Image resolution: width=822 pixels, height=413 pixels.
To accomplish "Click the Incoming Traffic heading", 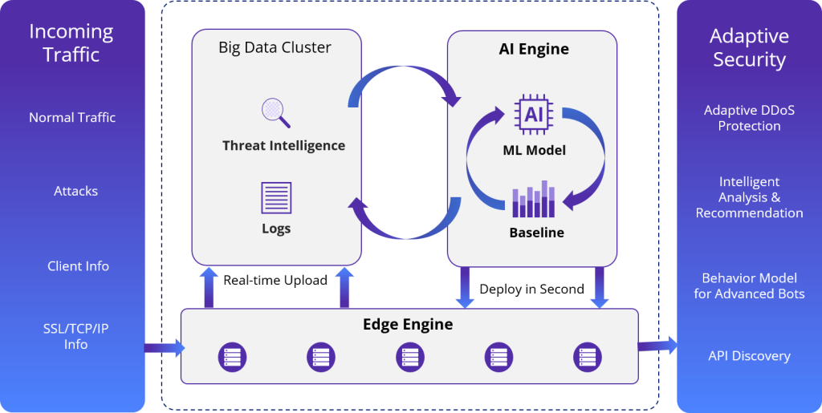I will (x=71, y=43).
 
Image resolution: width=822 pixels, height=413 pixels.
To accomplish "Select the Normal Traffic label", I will (x=72, y=117).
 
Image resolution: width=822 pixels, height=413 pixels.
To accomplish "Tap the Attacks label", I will (x=76, y=191).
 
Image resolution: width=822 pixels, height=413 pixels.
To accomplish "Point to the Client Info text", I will (x=78, y=266).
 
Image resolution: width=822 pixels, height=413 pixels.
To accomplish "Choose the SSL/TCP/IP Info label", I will (x=76, y=336).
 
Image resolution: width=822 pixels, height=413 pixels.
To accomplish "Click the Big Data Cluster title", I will (x=275, y=47).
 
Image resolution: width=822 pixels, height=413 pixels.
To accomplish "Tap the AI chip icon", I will (x=534, y=115).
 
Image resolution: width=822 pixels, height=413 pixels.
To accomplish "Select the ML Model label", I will (x=534, y=150).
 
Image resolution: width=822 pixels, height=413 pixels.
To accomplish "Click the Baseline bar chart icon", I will (x=534, y=200).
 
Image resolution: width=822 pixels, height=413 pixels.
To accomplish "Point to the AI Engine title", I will (x=534, y=49).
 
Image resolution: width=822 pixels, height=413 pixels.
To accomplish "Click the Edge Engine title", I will (x=408, y=325).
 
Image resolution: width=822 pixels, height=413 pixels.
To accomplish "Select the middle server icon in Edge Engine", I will (x=409, y=357).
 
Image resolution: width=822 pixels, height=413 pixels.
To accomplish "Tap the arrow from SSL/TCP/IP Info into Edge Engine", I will (x=164, y=348).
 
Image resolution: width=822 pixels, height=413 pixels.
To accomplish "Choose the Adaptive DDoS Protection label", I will (x=749, y=118).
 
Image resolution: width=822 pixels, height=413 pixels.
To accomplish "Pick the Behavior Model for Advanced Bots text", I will (x=749, y=285).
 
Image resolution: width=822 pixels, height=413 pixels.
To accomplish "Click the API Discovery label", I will (x=749, y=356).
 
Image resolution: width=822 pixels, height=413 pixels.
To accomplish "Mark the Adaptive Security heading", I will (x=749, y=47).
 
